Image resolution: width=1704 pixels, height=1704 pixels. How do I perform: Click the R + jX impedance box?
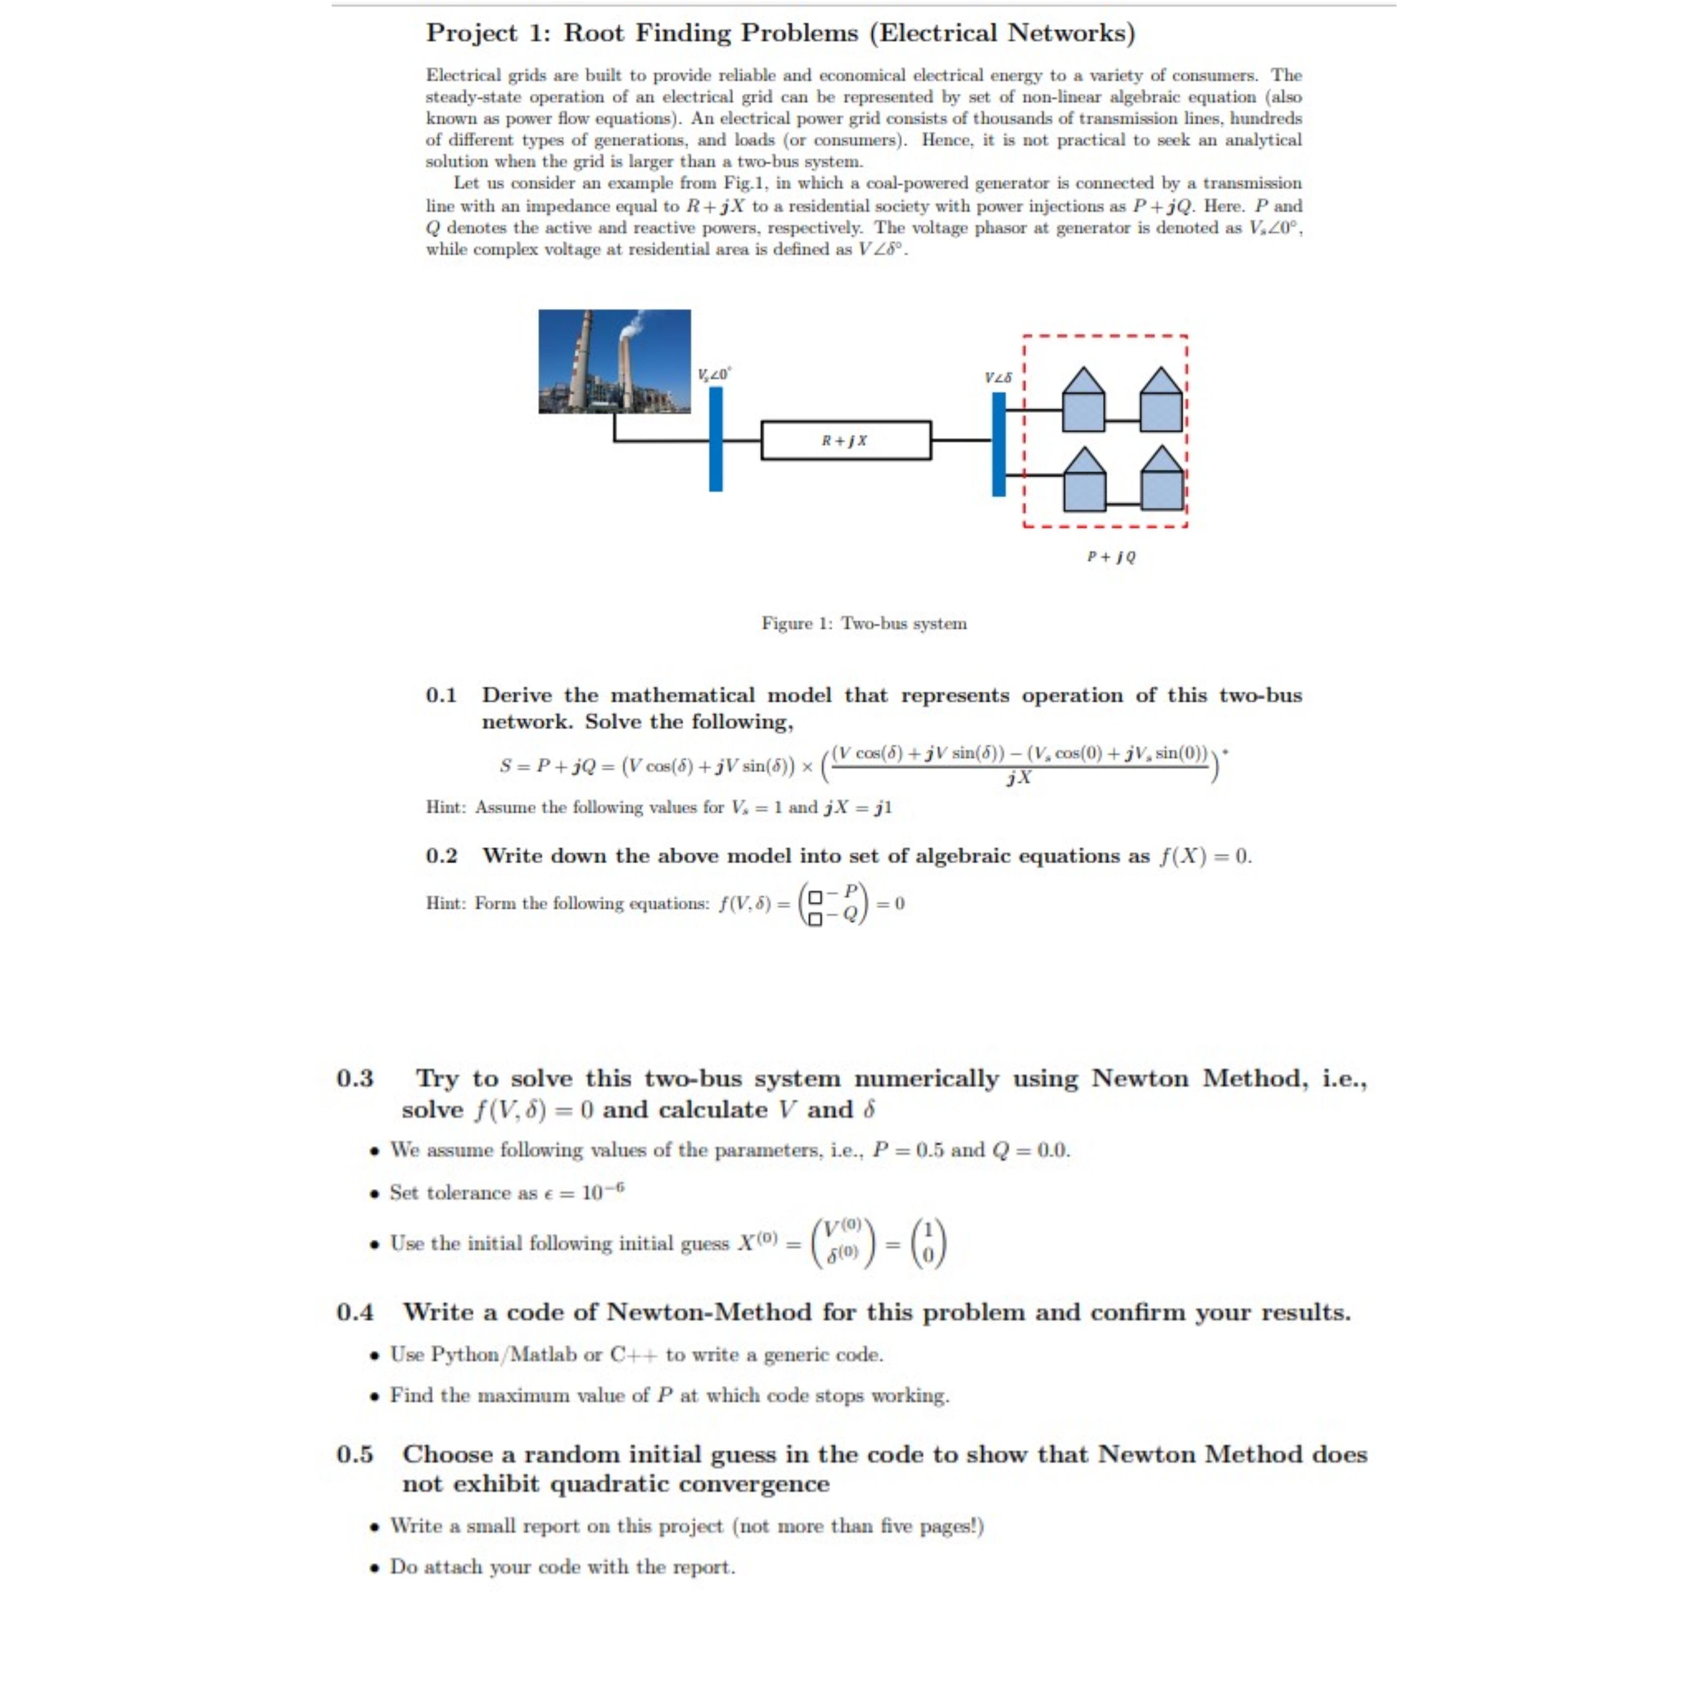pos(845,440)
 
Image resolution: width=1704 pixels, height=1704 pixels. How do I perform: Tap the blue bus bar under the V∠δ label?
pos(999,444)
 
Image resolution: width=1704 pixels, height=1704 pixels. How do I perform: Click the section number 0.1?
pos(441,695)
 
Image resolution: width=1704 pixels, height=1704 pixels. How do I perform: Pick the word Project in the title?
pos(471,33)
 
